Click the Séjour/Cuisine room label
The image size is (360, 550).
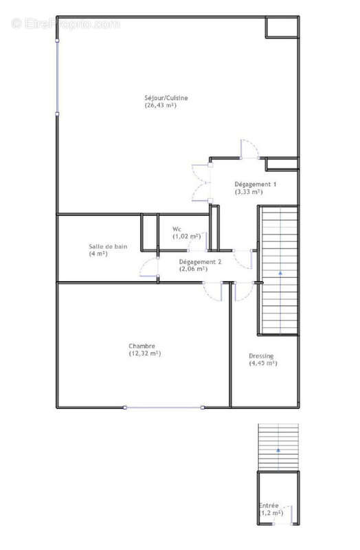(x=166, y=98)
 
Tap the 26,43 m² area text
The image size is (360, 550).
(x=166, y=106)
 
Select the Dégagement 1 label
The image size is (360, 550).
(x=256, y=184)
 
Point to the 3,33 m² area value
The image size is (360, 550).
(x=249, y=192)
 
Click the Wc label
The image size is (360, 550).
(x=177, y=228)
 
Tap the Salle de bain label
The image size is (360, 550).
(x=107, y=246)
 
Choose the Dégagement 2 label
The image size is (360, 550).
(x=200, y=262)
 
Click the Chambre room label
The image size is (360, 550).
(x=141, y=346)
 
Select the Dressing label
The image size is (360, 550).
(x=262, y=355)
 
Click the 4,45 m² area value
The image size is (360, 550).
(x=262, y=363)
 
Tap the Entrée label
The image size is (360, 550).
(x=269, y=505)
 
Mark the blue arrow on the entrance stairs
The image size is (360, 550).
(x=278, y=449)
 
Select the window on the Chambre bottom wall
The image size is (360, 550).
(x=164, y=408)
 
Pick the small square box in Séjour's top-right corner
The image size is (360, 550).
(x=282, y=26)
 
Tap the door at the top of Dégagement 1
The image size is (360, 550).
(x=249, y=150)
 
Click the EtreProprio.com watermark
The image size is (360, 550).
(x=66, y=24)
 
